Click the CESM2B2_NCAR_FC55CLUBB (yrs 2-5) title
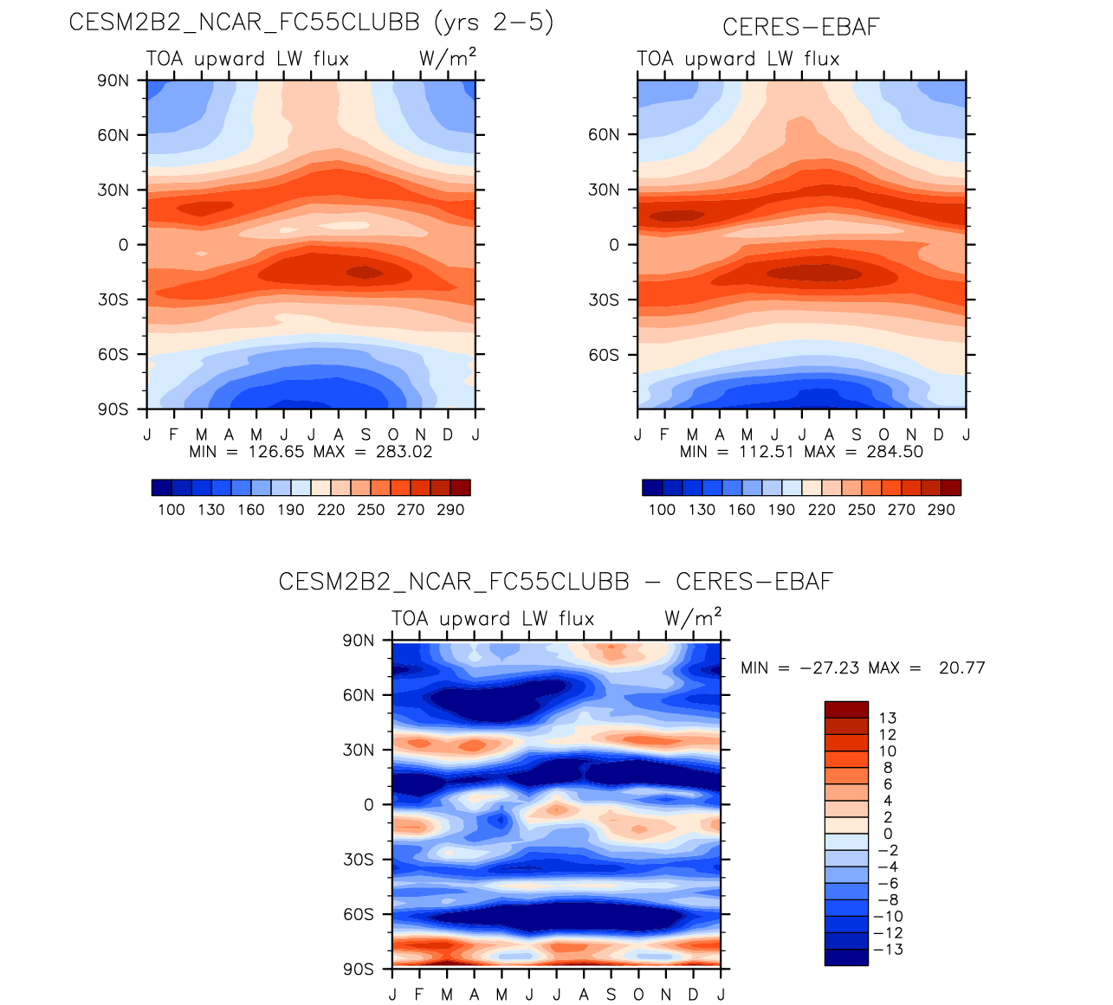[311, 23]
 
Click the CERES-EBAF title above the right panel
[800, 28]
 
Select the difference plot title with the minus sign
[555, 582]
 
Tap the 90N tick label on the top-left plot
[113, 81]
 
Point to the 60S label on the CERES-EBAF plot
[604, 355]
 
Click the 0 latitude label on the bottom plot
[369, 805]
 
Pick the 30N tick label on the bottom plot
[358, 751]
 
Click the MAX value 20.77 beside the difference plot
[961, 668]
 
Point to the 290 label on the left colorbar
[450, 510]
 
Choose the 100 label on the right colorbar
[662, 510]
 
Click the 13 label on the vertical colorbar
[888, 718]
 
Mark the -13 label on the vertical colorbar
[890, 950]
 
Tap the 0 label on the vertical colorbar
[888, 834]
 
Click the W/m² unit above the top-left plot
[447, 59]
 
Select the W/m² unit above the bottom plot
[692, 618]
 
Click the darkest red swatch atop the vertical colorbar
[846, 710]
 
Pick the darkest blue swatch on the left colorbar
[161, 488]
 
